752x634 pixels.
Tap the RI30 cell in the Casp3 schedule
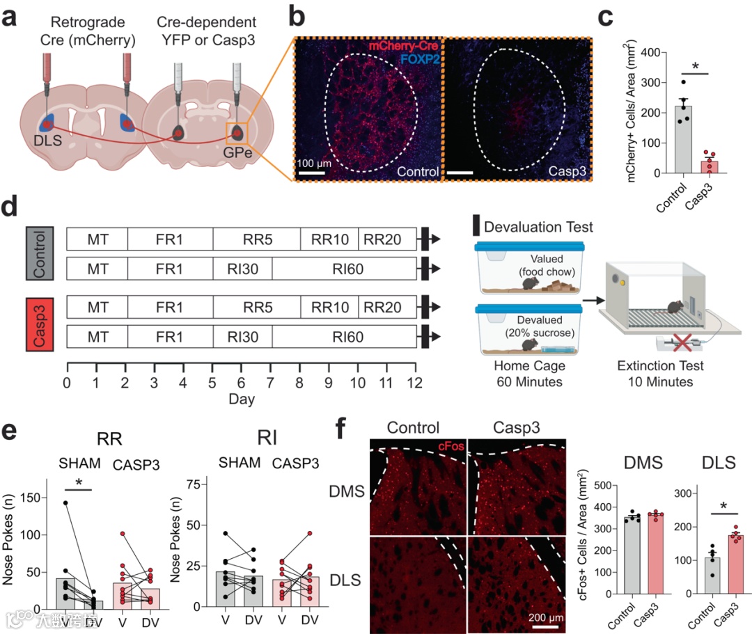tap(242, 337)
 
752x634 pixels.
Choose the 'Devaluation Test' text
tap(538, 226)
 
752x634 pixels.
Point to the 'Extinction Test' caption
tap(661, 365)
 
